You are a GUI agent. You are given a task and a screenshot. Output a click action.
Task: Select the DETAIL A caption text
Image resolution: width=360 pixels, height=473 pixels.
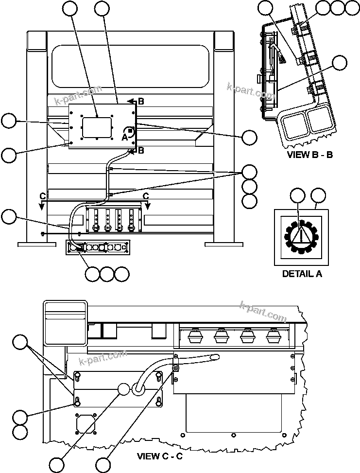point(302,274)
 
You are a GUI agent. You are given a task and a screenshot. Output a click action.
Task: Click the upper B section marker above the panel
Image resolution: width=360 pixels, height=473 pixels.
point(141,102)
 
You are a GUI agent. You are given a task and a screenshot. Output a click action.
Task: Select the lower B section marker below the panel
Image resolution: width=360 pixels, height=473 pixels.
point(141,150)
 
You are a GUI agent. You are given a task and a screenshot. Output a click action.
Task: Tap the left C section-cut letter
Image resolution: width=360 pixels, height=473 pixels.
point(43,196)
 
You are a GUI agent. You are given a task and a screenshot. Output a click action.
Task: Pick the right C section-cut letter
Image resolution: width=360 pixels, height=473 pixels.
point(146,196)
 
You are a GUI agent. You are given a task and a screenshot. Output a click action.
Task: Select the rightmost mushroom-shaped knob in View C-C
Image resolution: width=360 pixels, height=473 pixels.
point(272,336)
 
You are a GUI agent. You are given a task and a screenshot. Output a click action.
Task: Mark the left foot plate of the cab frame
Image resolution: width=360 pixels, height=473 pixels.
point(34,244)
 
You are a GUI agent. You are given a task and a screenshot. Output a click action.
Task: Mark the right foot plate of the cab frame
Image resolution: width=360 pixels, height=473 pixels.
point(226,244)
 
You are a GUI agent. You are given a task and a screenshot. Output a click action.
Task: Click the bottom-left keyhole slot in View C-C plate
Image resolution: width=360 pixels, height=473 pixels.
point(77,402)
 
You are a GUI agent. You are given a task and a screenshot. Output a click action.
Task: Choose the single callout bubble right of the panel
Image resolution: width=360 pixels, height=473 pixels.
point(250,137)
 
